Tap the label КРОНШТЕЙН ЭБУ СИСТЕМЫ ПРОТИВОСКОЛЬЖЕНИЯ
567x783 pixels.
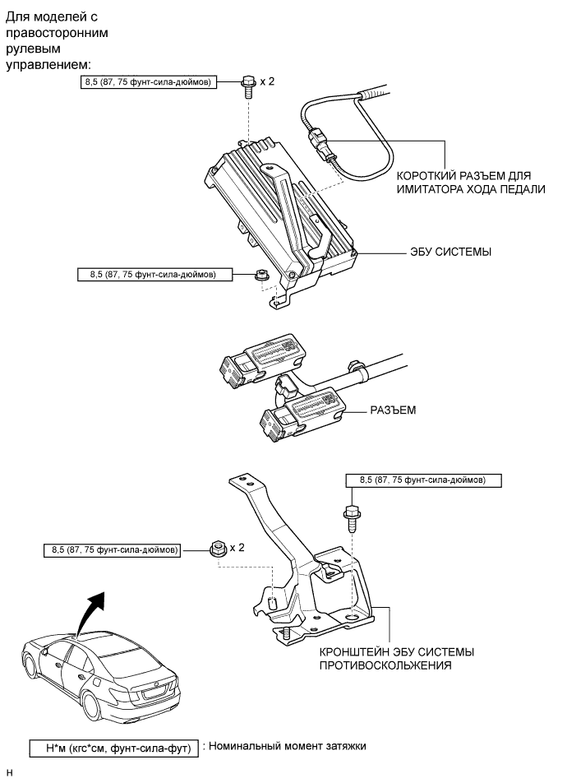397,659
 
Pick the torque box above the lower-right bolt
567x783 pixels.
422,479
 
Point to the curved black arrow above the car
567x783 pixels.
92,610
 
